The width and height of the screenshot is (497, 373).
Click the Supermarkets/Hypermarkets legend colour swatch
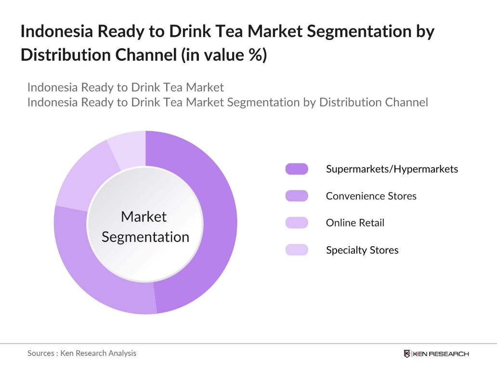pyautogui.click(x=297, y=169)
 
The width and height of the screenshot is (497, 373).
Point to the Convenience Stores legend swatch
pyautogui.click(x=297, y=196)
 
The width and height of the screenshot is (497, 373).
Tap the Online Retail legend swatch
pyautogui.click(x=297, y=223)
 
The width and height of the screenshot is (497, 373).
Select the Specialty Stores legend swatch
pyautogui.click(x=297, y=250)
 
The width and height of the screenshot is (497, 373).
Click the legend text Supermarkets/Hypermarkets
pyautogui.click(x=392, y=169)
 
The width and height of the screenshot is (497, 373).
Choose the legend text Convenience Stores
pyautogui.click(x=371, y=196)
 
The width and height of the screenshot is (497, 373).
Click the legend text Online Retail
pyautogui.click(x=355, y=223)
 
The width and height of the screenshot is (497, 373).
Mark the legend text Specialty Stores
pyautogui.click(x=362, y=250)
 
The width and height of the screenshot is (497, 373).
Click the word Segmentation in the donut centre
pyautogui.click(x=145, y=237)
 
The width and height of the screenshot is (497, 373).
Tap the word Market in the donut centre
pyautogui.click(x=144, y=217)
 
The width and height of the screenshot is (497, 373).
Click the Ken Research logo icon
pyautogui.click(x=407, y=354)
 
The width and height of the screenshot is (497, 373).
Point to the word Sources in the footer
pyautogui.click(x=41, y=353)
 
